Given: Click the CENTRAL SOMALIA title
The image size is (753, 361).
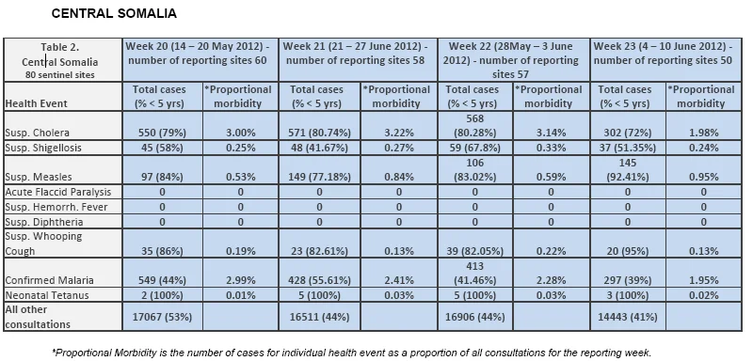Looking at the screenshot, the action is pos(114,13).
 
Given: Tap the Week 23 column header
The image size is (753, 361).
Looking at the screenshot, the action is pos(665,54).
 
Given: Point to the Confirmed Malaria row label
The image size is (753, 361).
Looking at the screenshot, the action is pos(50,280).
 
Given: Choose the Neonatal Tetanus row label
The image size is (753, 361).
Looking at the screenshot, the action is pos(47,295).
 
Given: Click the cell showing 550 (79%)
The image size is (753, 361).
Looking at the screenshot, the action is pos(162,133).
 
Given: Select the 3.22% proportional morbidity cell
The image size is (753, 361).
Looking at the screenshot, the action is pos(399,133).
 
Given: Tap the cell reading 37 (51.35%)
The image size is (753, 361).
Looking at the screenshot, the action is pos(628,148).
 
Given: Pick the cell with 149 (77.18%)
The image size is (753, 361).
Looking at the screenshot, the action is pos(319,177).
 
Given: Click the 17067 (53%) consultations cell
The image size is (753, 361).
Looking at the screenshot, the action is pos(162,317).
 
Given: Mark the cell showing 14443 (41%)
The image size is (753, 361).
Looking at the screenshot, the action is pos(628,317).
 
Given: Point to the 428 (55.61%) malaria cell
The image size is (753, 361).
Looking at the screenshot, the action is pos(319,280).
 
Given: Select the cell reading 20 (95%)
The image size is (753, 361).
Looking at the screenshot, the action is pos(628,251).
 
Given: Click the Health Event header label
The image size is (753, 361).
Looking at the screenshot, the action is pos(36,103).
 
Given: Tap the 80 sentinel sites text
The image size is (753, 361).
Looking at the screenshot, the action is pos(60,74).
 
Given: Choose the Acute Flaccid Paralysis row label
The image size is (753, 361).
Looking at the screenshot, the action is pos(58,192).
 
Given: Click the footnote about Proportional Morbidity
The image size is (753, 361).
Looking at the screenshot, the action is pos(351,353).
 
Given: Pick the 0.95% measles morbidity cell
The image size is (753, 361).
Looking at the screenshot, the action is pos(704,177).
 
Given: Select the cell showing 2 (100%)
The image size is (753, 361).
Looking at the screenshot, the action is pos(162,295).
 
